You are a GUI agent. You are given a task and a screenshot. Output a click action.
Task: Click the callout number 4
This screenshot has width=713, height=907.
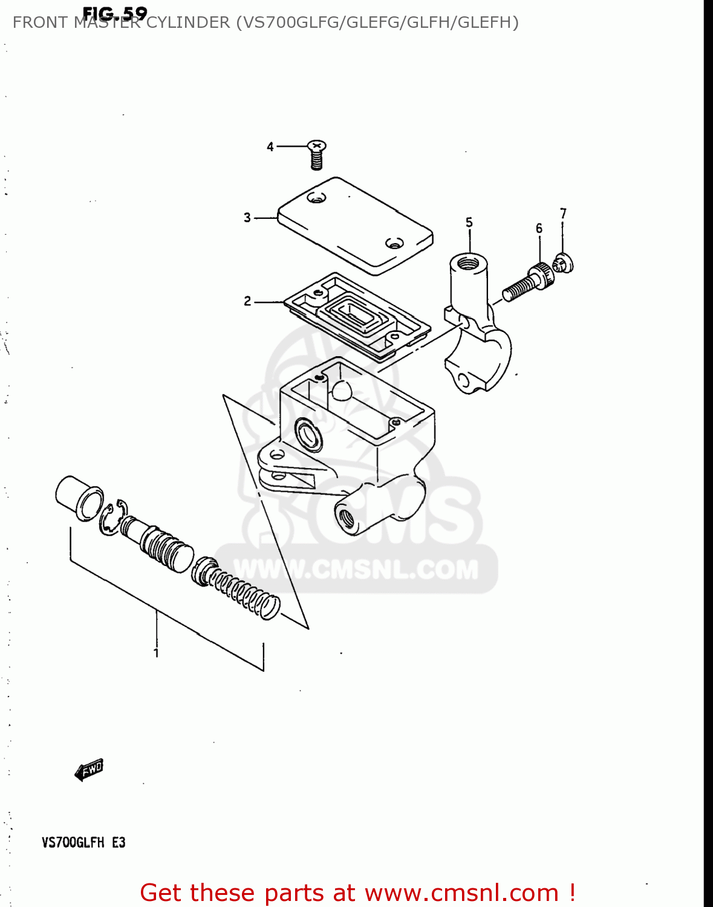[270, 146]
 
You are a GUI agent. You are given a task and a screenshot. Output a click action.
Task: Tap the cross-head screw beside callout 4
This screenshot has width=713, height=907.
[316, 155]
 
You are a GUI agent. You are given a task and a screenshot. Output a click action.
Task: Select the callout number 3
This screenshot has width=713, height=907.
[247, 217]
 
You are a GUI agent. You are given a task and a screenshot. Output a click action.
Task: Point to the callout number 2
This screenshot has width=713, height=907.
[247, 301]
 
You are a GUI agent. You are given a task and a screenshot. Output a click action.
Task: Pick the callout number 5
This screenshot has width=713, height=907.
[469, 223]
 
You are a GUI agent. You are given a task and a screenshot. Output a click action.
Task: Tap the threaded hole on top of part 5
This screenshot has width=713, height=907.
[468, 263]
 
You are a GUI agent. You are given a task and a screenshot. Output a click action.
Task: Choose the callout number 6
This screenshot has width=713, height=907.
[539, 228]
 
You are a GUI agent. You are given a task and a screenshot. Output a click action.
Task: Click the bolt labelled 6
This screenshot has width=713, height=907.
[528, 282]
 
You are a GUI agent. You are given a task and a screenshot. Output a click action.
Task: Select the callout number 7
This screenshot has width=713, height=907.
[563, 213]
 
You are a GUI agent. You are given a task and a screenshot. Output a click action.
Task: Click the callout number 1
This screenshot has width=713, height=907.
[156, 653]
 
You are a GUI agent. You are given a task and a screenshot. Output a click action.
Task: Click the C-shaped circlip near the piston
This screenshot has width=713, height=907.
[113, 517]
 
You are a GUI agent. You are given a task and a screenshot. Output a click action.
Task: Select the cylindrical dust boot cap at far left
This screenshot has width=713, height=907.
[79, 498]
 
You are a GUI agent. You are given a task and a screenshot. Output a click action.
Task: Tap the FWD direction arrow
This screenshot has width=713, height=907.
[89, 770]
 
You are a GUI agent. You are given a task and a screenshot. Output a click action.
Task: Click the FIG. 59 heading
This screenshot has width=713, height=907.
[114, 13]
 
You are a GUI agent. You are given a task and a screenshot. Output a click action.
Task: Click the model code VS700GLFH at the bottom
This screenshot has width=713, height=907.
[73, 842]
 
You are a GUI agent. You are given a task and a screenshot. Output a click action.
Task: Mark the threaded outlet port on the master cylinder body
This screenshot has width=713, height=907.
[347, 517]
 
